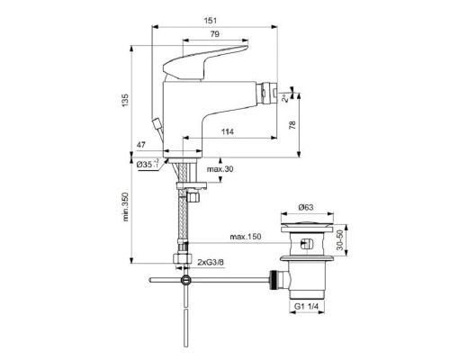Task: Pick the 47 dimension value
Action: pyautogui.click(x=141, y=144)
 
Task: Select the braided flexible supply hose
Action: pyautogui.click(x=185, y=225)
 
